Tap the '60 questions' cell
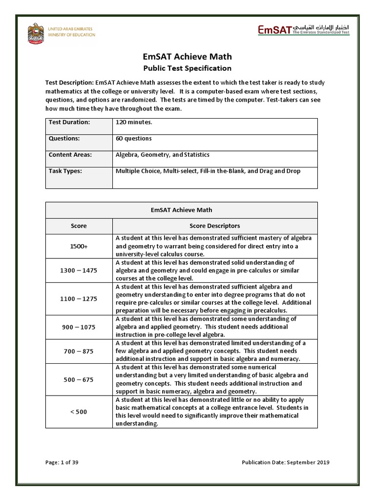point(134,138)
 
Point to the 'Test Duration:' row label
point(69,122)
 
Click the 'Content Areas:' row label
point(70,155)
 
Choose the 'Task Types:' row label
point(65,171)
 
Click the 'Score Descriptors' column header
point(215,226)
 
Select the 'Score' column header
point(79,226)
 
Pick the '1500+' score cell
point(79,247)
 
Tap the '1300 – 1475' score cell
point(79,271)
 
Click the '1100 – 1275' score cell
point(79,299)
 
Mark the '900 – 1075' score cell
point(79,327)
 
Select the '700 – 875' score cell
point(79,351)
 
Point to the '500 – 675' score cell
point(79,379)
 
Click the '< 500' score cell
point(79,412)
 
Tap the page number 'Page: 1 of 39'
point(62,462)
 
